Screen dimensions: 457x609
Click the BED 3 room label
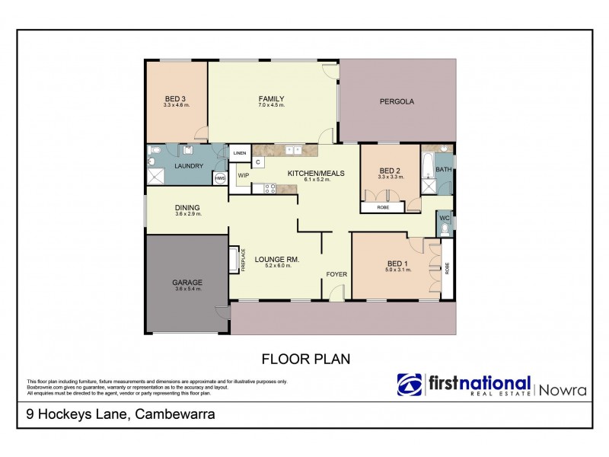click(176, 98)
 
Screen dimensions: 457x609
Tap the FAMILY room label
click(271, 98)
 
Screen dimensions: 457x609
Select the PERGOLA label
click(397, 101)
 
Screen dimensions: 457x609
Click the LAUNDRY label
click(188, 165)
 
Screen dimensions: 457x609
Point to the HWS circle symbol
click(219, 178)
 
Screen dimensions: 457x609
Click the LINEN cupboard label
click(240, 153)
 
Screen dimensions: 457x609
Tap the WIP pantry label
click(244, 175)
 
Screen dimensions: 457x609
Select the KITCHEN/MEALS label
click(316, 173)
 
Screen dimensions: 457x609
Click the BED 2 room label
click(389, 170)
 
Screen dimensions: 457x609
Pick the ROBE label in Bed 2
click(383, 206)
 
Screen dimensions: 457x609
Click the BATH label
click(443, 170)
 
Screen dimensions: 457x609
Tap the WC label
click(444, 219)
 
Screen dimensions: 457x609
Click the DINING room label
click(187, 207)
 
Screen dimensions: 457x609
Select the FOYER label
click(336, 273)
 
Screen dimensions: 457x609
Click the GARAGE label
click(187, 283)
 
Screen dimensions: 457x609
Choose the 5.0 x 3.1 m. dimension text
click(398, 270)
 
